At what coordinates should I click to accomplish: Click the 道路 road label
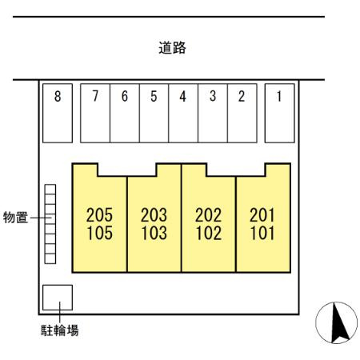pyautogui.click(x=172, y=48)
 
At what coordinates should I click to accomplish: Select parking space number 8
pyautogui.click(x=58, y=113)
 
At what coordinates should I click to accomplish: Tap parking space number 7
pyautogui.click(x=95, y=113)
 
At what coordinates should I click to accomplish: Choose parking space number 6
pyautogui.click(x=125, y=113)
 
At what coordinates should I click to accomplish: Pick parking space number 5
pyautogui.click(x=154, y=113)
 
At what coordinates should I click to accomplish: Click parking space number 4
pyautogui.click(x=183, y=113)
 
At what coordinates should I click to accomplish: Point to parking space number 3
pyautogui.click(x=213, y=113)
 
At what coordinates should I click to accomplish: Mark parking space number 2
pyautogui.click(x=242, y=113)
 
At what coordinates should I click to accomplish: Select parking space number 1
pyautogui.click(x=280, y=113)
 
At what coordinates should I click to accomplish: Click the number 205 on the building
pyautogui.click(x=99, y=215)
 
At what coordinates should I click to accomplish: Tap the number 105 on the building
pyautogui.click(x=100, y=233)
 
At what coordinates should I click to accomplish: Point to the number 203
pyautogui.click(x=154, y=215)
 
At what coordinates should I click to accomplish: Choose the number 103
pyautogui.click(x=154, y=233)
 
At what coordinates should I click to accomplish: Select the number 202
pyautogui.click(x=208, y=215)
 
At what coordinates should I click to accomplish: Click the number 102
pyautogui.click(x=209, y=233)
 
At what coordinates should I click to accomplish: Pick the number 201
pyautogui.click(x=262, y=215)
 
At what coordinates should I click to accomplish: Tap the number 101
pyautogui.click(x=262, y=233)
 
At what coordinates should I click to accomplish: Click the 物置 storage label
pyautogui.click(x=15, y=218)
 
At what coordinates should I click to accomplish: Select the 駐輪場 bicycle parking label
pyautogui.click(x=60, y=330)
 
